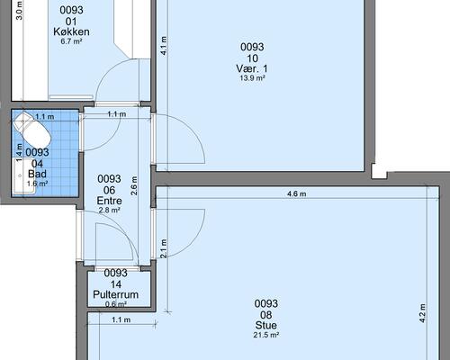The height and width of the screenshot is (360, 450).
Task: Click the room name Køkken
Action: pyautogui.click(x=71, y=31)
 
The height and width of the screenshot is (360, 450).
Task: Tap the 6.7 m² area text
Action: pyautogui.click(x=71, y=41)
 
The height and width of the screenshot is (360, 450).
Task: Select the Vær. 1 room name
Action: pyautogui.click(x=252, y=68)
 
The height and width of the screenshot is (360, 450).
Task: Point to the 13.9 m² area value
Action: pyautogui.click(x=252, y=78)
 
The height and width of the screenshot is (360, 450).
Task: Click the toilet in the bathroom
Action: pyautogui.click(x=32, y=130)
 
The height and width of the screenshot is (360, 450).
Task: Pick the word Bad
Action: pyautogui.click(x=37, y=174)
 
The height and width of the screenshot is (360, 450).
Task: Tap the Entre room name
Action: pyautogui.click(x=109, y=201)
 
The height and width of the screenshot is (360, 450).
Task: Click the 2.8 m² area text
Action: pyautogui.click(x=109, y=211)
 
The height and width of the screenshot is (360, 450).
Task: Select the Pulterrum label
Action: pyautogui.click(x=116, y=294)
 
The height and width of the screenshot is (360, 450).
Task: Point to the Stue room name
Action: pyautogui.click(x=266, y=325)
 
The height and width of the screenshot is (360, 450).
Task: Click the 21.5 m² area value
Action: pyautogui.click(x=266, y=335)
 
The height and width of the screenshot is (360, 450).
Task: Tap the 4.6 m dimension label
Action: pyautogui.click(x=297, y=194)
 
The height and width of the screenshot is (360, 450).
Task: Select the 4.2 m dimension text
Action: pyautogui.click(x=422, y=313)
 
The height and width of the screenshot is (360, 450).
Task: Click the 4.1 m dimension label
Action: pyautogui.click(x=164, y=46)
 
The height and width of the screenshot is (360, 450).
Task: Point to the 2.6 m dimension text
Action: pyautogui.click(x=134, y=185)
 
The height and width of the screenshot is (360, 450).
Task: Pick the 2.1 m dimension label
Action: pyautogui.click(x=164, y=248)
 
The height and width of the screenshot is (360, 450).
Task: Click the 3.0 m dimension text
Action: pyautogui.click(x=19, y=11)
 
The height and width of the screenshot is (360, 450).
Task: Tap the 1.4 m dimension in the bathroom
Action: pyautogui.click(x=19, y=152)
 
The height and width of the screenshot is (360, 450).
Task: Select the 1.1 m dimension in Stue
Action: pyautogui.click(x=121, y=320)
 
